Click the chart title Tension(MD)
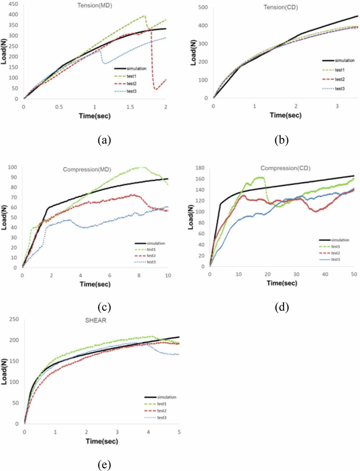click(x=95, y=6)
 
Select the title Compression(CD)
click(x=285, y=168)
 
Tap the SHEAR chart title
click(x=96, y=320)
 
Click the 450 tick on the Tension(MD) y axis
click(x=13, y=4)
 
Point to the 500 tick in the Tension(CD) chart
click(x=203, y=7)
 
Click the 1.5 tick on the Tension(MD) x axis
click(x=130, y=107)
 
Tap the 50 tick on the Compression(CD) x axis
click(x=354, y=274)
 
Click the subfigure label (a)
click(x=104, y=140)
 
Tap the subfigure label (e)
click(x=104, y=465)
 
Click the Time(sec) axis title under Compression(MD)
click(x=95, y=284)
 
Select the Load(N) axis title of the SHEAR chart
click(x=4, y=371)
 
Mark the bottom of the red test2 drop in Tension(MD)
click(x=156, y=90)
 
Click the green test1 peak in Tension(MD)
click(x=144, y=16)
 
